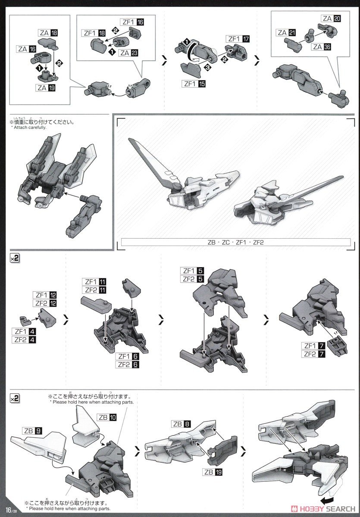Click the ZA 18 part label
pos(49,33)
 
